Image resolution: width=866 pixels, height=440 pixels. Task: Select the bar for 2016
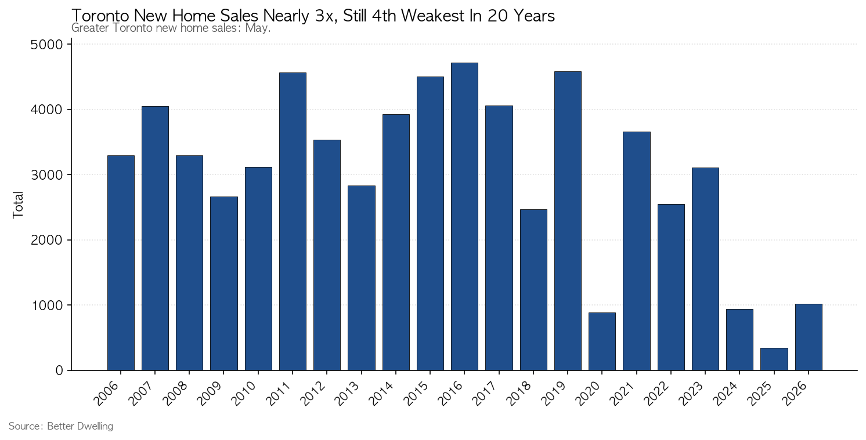coord(464,217)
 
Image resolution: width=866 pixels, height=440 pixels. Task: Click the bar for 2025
coord(774,359)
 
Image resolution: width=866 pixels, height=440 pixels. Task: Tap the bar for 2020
coord(602,341)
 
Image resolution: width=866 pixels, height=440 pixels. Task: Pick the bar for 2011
coord(293,221)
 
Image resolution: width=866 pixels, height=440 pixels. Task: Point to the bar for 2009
coord(224,283)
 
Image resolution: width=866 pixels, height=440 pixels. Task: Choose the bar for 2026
coord(809,337)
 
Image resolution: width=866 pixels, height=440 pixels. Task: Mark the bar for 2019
coord(568,221)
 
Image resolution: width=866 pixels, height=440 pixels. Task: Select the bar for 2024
coord(739,340)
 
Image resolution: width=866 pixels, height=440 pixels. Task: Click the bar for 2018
coord(533,290)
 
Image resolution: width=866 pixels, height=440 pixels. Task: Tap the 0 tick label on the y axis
coord(59,370)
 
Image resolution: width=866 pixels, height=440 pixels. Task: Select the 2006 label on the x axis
coord(107,393)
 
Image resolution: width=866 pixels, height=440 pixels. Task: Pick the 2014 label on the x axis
coord(382,393)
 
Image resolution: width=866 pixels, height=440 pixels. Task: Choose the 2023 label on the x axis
coord(691,393)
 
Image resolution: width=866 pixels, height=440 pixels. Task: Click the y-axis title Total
coord(18,205)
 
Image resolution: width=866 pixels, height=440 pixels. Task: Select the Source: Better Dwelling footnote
coord(61,426)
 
